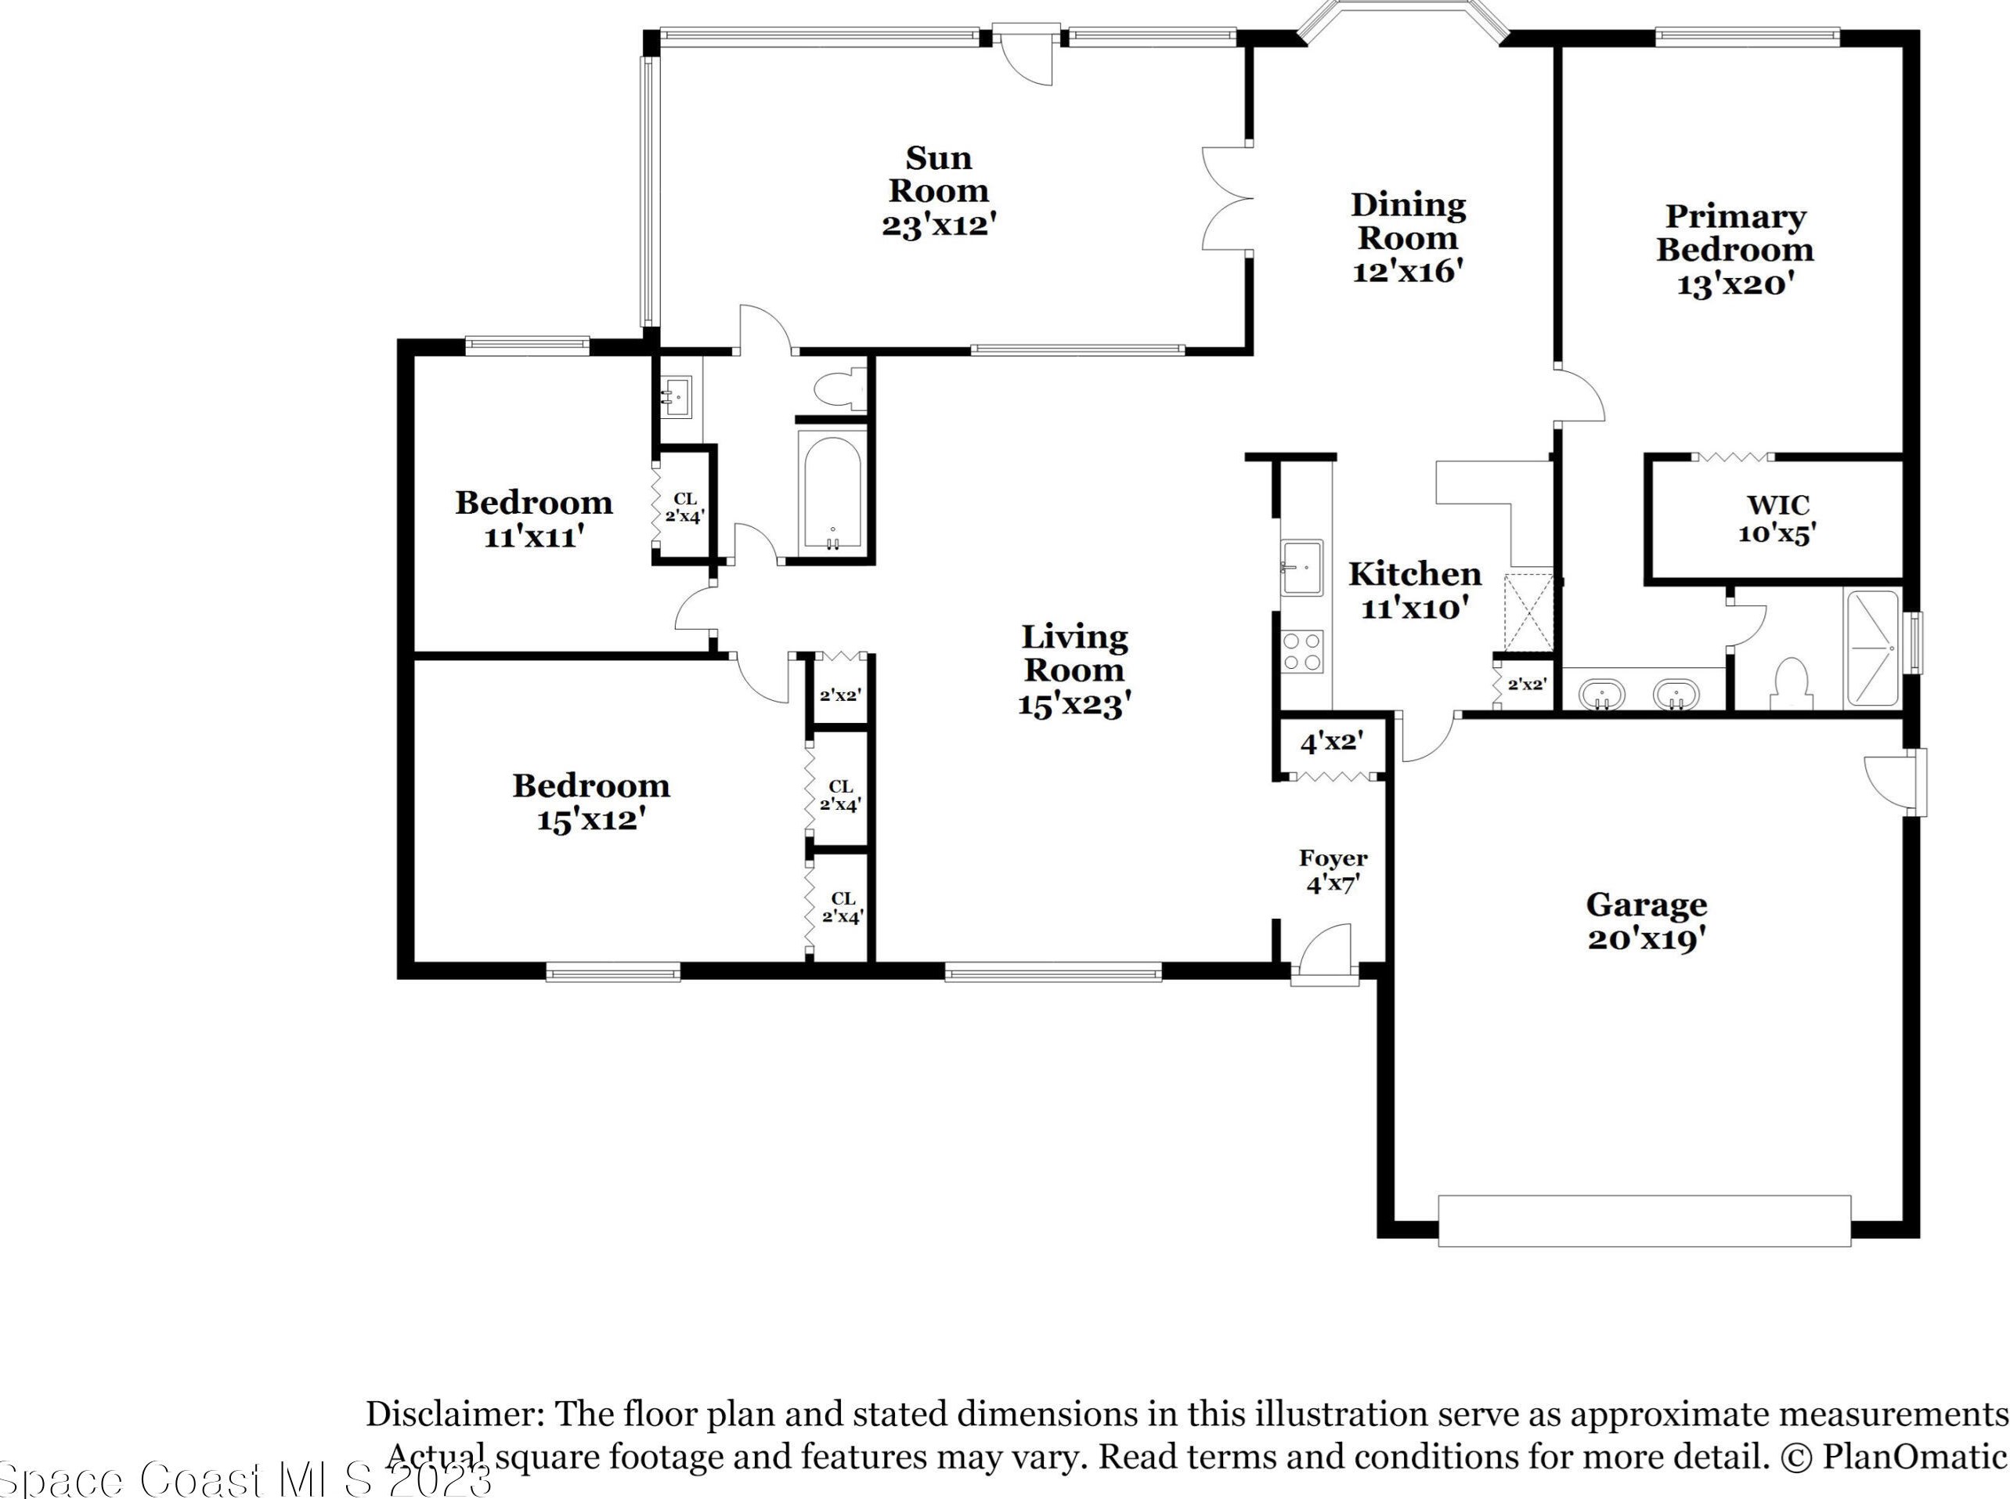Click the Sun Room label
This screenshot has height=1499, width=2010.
(x=940, y=190)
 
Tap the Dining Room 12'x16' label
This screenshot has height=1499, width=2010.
(x=1409, y=238)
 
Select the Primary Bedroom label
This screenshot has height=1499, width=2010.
(x=1735, y=250)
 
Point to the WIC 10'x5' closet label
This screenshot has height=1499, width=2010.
(x=1777, y=519)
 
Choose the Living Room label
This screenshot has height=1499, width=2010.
(x=1075, y=671)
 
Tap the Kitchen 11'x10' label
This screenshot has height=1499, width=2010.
(x=1415, y=591)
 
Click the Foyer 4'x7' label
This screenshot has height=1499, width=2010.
(x=1333, y=871)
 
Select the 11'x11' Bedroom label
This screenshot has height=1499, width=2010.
(x=534, y=519)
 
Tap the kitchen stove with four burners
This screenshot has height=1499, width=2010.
(x=1301, y=652)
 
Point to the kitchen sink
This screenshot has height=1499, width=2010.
(x=1301, y=567)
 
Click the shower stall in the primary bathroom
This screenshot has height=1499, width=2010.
(x=1871, y=648)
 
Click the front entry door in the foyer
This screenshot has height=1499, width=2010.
(x=1325, y=953)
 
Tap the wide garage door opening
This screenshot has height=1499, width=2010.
(x=1644, y=1220)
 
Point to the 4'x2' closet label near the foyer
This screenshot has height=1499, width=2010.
(x=1332, y=742)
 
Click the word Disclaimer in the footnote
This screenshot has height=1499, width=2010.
(x=450, y=1414)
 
